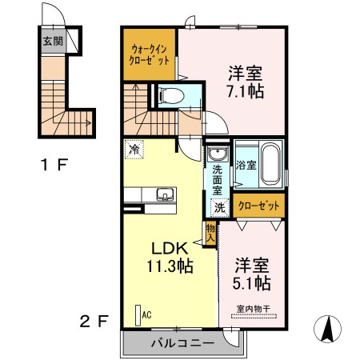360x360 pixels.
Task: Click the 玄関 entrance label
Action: pyautogui.click(x=51, y=40)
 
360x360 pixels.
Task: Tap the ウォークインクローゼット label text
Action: pyautogui.click(x=148, y=54)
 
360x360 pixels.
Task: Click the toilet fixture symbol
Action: pyautogui.click(x=170, y=97)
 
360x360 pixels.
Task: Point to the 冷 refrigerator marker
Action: pyautogui.click(x=134, y=148)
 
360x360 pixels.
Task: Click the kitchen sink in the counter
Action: pyautogui.click(x=164, y=193)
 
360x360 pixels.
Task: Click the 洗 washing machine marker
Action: pyautogui.click(x=218, y=206)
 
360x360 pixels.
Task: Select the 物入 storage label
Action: pyautogui.click(x=210, y=233)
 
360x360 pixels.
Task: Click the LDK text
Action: pyautogui.click(x=167, y=248)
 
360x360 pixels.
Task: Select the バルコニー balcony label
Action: pyautogui.click(x=181, y=343)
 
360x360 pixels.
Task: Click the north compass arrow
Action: pyautogui.click(x=328, y=329)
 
